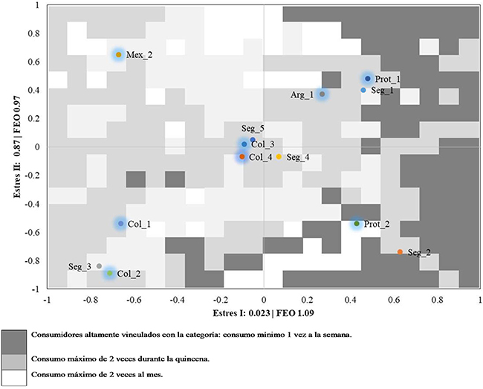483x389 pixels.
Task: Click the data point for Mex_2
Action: click(x=119, y=54)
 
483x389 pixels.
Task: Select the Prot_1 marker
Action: click(x=368, y=79)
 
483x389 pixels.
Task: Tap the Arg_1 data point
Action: click(x=322, y=94)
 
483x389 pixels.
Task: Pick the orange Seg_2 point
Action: click(x=401, y=252)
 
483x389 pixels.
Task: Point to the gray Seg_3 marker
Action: click(x=100, y=266)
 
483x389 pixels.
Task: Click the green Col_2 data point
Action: click(x=110, y=274)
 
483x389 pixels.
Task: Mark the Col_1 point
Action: click(x=120, y=223)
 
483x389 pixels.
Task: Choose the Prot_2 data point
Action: click(x=357, y=223)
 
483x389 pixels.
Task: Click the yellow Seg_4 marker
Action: click(x=279, y=157)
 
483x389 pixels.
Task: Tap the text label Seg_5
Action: click(x=252, y=129)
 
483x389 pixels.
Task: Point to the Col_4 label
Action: click(x=261, y=157)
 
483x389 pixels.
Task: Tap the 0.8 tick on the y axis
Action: click(x=33, y=33)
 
